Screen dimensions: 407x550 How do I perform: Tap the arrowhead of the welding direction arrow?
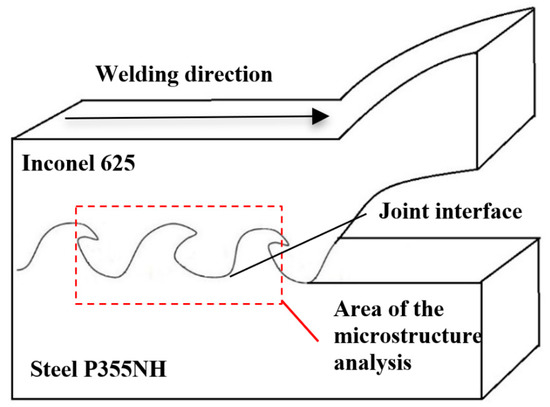[319, 116]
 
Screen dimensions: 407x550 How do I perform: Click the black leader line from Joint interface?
[300, 245]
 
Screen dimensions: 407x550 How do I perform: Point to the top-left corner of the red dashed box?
[76, 207]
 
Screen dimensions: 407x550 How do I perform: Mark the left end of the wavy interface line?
[21, 268]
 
